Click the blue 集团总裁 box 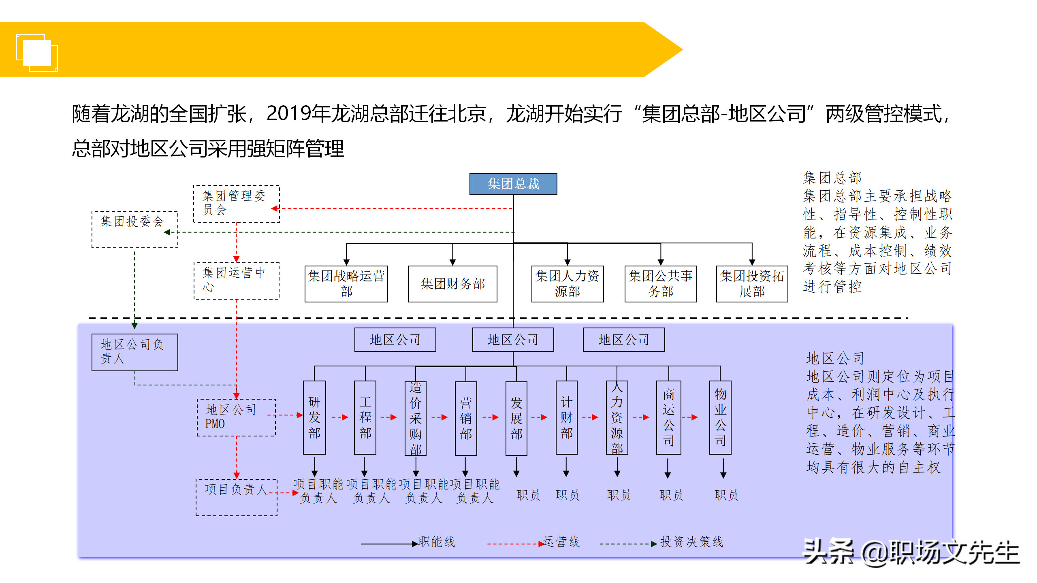click(513, 184)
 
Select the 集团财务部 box click(452, 284)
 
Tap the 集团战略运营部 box click(346, 284)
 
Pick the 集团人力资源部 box click(568, 284)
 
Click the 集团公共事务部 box click(661, 284)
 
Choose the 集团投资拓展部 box click(752, 284)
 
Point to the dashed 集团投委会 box click(135, 230)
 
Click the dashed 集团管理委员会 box click(237, 204)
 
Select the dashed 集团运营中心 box click(237, 281)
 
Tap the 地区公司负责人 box click(135, 352)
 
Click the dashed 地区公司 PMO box click(237, 417)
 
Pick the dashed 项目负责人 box click(237, 498)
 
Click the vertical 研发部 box click(314, 417)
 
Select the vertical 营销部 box click(466, 418)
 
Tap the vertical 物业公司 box click(720, 417)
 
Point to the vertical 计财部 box click(567, 417)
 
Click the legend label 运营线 click(561, 542)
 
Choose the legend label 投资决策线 click(692, 542)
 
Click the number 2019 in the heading click(289, 113)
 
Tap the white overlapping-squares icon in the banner click(37, 53)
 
